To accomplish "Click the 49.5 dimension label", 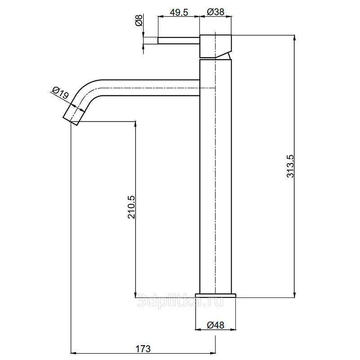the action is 179,12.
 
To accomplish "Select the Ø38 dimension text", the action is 216,12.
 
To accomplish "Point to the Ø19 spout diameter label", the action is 60,92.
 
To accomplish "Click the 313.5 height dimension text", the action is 290,166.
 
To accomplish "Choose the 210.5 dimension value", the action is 131,207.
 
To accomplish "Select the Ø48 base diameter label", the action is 216,325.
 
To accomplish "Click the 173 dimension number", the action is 143,349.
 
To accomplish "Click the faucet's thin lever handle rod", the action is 178,40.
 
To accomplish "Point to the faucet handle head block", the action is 216,46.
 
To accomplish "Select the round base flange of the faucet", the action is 216,296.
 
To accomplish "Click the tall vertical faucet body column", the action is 216,176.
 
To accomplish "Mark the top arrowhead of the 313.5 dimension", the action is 294,38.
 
